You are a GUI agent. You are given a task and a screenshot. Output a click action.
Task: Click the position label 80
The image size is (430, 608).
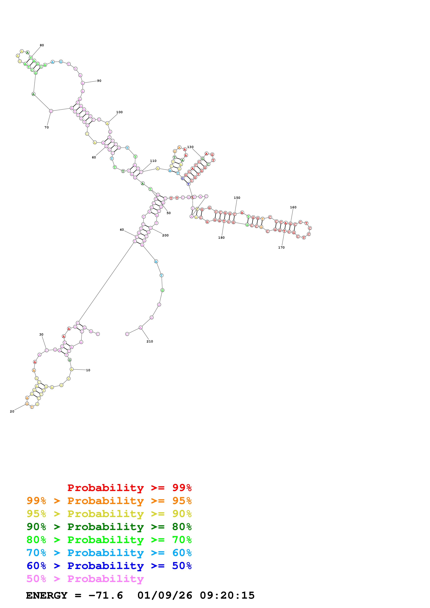click(42, 45)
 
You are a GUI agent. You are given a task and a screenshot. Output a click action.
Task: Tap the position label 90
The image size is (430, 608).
click(99, 81)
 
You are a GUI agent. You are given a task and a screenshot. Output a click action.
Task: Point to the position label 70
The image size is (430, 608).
click(47, 127)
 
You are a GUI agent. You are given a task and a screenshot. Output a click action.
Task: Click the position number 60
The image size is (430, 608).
click(94, 157)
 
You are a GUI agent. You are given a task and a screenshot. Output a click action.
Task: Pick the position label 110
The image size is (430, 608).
click(153, 161)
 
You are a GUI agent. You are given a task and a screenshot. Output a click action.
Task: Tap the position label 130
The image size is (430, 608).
click(190, 147)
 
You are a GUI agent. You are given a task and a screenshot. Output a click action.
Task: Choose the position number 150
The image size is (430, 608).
click(237, 198)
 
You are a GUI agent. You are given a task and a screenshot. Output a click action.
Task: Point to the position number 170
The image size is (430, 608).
click(281, 248)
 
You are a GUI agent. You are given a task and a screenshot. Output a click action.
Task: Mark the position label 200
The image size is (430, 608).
click(165, 235)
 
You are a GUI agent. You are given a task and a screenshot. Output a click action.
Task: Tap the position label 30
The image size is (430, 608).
click(41, 335)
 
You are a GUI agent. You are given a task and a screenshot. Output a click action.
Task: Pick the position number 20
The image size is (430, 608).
click(12, 411)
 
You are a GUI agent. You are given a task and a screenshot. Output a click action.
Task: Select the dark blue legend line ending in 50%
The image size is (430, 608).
click(109, 566)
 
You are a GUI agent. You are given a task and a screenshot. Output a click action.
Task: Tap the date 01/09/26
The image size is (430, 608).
click(165, 596)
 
